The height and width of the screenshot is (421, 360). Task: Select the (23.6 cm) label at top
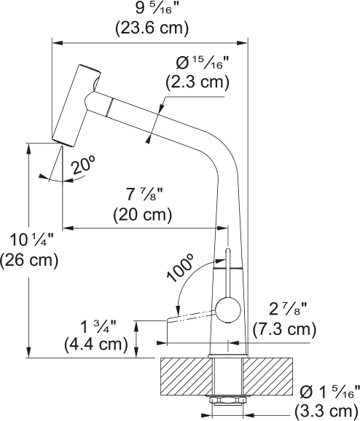point(152,28)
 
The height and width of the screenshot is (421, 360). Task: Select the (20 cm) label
point(142,215)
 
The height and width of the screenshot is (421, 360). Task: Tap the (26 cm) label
point(29,259)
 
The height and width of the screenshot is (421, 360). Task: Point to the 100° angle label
point(179,268)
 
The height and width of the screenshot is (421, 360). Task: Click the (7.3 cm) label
point(283,329)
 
